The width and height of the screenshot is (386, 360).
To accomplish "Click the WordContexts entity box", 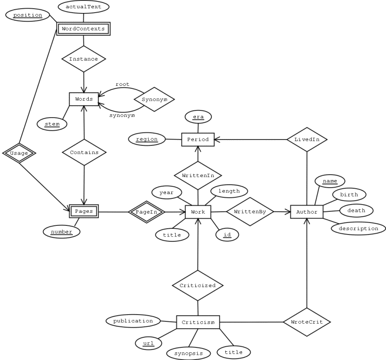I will [83, 28].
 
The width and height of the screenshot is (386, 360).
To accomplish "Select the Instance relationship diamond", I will [83, 59].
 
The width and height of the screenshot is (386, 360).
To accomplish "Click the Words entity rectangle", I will [84, 99].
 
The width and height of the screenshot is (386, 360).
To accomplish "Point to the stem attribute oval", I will [52, 124].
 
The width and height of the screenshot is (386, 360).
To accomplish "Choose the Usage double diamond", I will [19, 153].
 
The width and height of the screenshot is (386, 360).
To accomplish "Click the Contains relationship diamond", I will [84, 152].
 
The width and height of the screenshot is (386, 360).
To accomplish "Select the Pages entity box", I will [84, 211].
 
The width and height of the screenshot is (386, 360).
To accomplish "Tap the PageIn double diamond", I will [146, 211].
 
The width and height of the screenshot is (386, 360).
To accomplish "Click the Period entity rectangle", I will [198, 139].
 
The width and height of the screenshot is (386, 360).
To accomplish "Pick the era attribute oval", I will [198, 117].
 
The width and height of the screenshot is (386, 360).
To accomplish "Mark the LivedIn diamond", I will [307, 139].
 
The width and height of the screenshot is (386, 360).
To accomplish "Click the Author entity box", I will [307, 211].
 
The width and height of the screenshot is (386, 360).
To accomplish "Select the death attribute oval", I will [356, 210].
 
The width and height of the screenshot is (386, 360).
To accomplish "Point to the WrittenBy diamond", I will [250, 211].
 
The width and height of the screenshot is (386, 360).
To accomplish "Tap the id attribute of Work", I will [226, 235].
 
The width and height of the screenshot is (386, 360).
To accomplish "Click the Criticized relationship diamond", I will [198, 285].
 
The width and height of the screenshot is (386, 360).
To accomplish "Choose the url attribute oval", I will [149, 343].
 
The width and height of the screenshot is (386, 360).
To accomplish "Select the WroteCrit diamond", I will [307, 321].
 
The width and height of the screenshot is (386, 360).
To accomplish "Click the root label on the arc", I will [122, 84].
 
